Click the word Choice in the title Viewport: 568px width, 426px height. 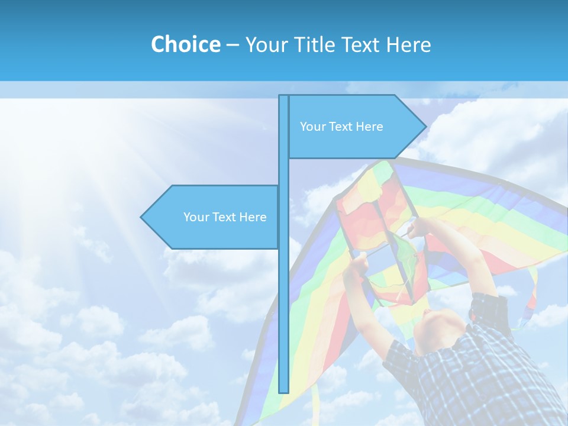pos(185,44)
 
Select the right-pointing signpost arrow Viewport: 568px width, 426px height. pos(355,127)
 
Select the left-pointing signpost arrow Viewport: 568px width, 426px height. pos(213,217)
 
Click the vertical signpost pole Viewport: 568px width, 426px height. pos(283,296)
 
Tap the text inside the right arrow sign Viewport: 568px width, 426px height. pos(341,127)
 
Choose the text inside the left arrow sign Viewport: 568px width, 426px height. pos(225,217)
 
